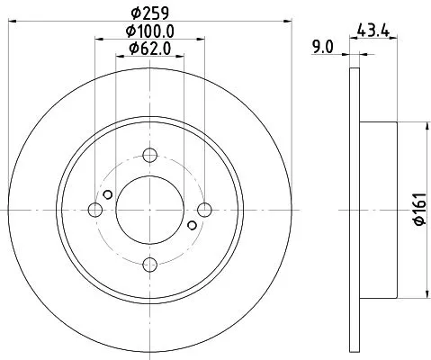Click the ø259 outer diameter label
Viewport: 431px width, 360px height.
pyautogui.click(x=149, y=13)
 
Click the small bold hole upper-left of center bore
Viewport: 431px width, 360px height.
pyautogui.click(x=108, y=195)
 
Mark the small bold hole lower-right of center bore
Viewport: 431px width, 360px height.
pyautogui.click(x=193, y=225)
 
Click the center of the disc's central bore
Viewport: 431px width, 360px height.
pyautogui.click(x=150, y=210)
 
